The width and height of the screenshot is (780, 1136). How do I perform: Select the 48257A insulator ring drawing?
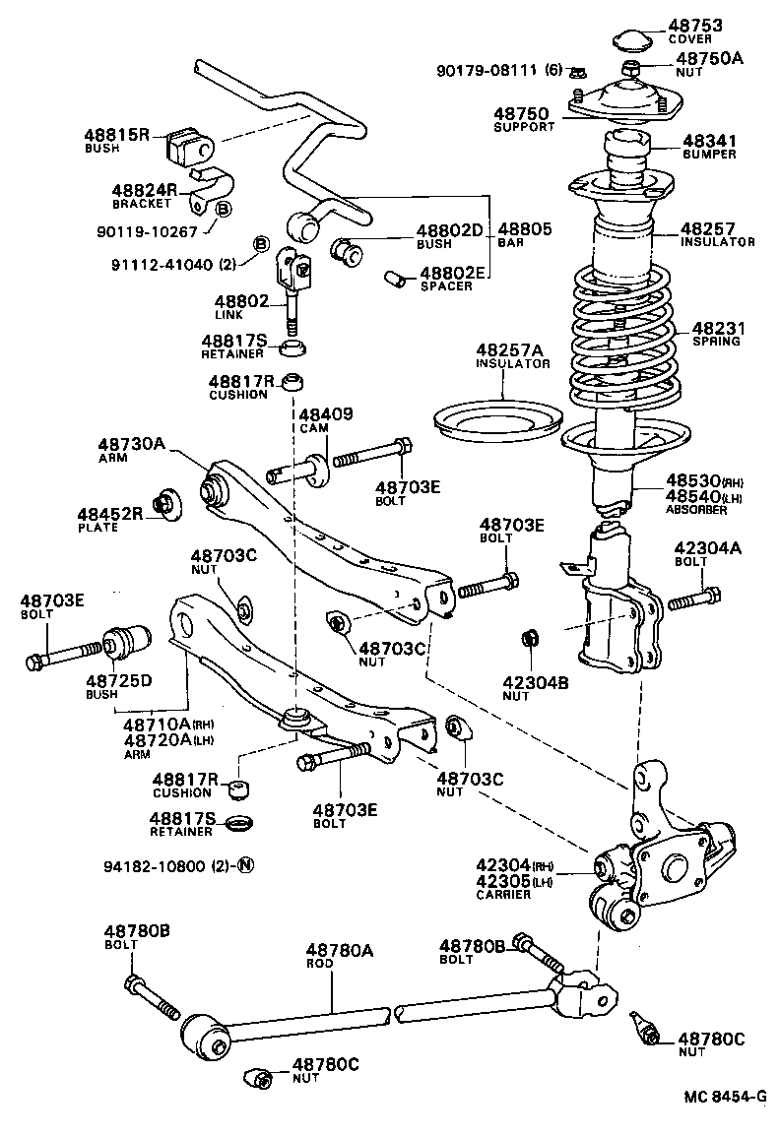496,424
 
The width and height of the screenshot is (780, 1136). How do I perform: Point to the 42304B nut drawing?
528,639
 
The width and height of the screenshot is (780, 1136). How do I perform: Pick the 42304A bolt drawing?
695,597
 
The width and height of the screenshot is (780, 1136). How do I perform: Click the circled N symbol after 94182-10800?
246,866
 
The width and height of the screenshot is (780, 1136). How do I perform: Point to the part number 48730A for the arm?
132,444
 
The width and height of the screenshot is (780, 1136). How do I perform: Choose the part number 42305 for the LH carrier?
501,881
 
